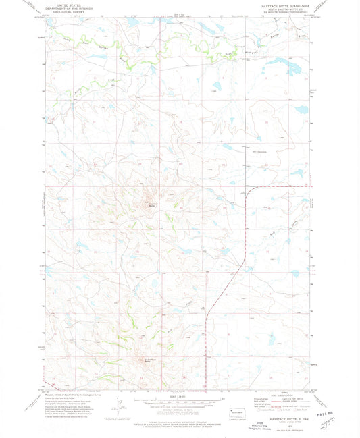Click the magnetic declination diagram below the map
coord(120,408)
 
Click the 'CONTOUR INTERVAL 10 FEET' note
coord(180,407)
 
